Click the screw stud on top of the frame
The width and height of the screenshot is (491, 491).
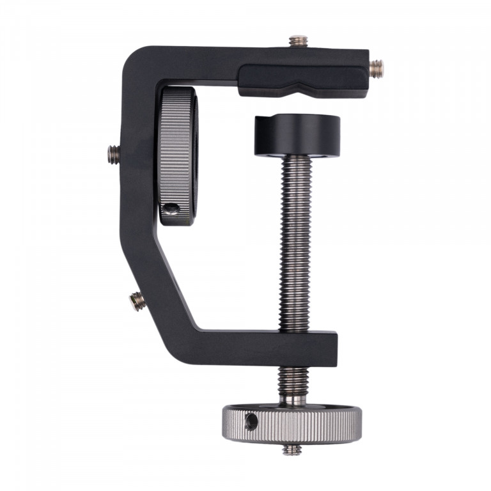tap(296, 42)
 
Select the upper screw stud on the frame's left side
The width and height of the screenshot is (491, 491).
tap(114, 152)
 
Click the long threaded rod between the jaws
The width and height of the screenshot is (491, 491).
tap(295, 243)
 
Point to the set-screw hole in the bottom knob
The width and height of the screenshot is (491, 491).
tap(251, 420)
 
